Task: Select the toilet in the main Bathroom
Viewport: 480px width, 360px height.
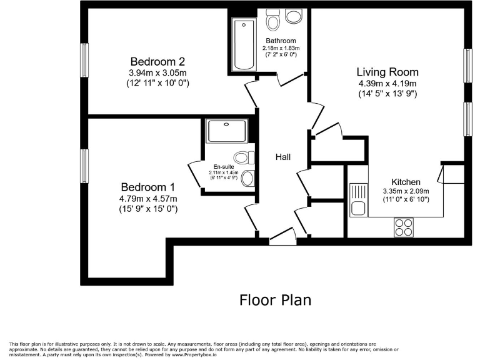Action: click(x=272, y=21)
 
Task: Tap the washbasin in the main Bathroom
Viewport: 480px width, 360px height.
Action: click(x=293, y=16)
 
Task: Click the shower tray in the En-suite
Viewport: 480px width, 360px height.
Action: click(x=226, y=131)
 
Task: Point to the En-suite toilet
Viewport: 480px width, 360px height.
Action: click(x=244, y=157)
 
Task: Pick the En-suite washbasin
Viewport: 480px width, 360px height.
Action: click(x=247, y=179)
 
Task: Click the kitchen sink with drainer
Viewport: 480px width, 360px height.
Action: click(x=358, y=199)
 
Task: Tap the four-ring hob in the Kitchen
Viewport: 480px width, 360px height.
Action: click(x=404, y=226)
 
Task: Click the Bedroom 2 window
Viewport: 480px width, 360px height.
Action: click(x=84, y=61)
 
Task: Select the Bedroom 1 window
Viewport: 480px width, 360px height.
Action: click(x=84, y=166)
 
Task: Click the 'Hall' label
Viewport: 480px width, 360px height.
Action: click(x=283, y=157)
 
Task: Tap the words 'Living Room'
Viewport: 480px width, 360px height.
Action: click(x=387, y=72)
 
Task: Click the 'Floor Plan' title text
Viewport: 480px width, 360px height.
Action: click(x=275, y=300)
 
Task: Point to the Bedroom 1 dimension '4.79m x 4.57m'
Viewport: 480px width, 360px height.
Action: click(x=149, y=199)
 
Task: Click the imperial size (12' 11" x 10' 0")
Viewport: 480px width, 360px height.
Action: click(x=158, y=83)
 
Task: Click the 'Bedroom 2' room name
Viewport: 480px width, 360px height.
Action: click(x=158, y=61)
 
